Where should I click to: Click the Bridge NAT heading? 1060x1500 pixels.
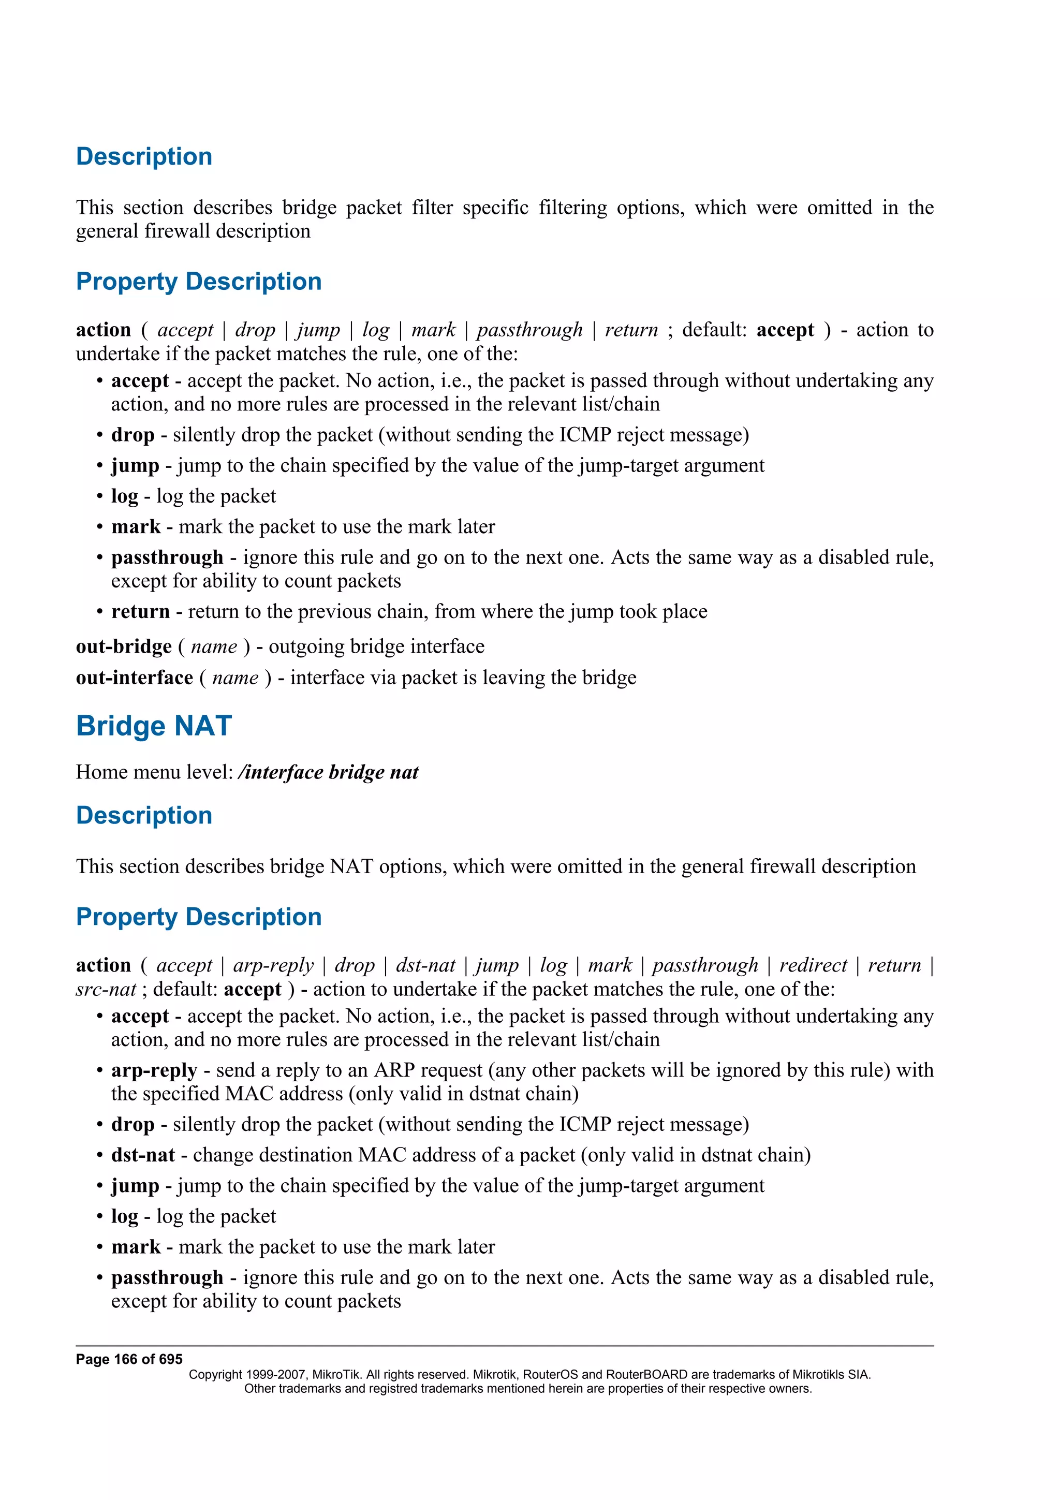coord(154,726)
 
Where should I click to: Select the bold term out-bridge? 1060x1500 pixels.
coord(123,647)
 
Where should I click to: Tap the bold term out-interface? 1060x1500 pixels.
coord(134,678)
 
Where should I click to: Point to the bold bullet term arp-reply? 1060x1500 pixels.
coord(154,1070)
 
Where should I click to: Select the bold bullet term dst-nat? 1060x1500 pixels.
coord(142,1155)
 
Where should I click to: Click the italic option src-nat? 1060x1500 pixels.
coord(105,989)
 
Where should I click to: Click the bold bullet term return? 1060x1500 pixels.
coord(140,611)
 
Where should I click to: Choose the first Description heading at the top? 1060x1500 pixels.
coord(144,157)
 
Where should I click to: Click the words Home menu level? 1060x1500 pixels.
coord(154,772)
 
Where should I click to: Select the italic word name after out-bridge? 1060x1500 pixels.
coord(214,647)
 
